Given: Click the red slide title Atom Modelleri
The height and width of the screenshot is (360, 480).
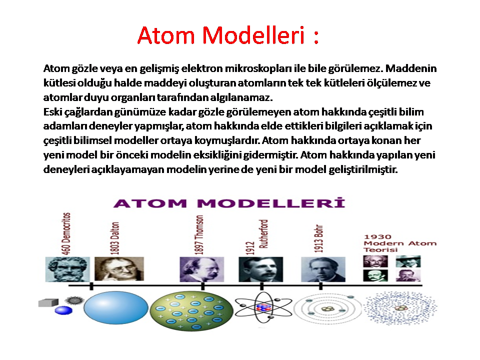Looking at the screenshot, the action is point(228,35).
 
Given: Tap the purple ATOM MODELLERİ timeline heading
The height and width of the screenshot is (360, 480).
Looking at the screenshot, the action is point(229,203).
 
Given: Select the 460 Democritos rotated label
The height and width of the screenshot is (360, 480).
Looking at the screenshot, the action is point(66,233).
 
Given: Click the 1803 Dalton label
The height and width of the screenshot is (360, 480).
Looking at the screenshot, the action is point(114,238).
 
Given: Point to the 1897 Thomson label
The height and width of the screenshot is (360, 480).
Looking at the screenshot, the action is point(199,235).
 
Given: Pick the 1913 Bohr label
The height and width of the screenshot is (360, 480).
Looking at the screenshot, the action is point(318,238).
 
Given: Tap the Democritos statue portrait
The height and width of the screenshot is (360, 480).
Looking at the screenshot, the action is point(67,269).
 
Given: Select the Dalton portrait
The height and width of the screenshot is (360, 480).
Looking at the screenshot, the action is point(119,269).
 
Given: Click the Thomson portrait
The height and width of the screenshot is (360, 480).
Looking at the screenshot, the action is point(201,269).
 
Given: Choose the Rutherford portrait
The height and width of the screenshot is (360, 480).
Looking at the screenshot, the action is point(261,269).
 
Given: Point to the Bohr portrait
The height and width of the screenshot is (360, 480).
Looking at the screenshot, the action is point(323,269).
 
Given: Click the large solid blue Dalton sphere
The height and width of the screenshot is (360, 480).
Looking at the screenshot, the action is point(115,307).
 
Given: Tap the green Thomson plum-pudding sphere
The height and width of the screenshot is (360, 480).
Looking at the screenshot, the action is point(191,310).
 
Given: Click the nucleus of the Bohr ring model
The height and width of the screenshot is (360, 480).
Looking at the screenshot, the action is point(327,309).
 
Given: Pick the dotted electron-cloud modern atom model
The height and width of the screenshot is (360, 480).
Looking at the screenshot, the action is point(400,308).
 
